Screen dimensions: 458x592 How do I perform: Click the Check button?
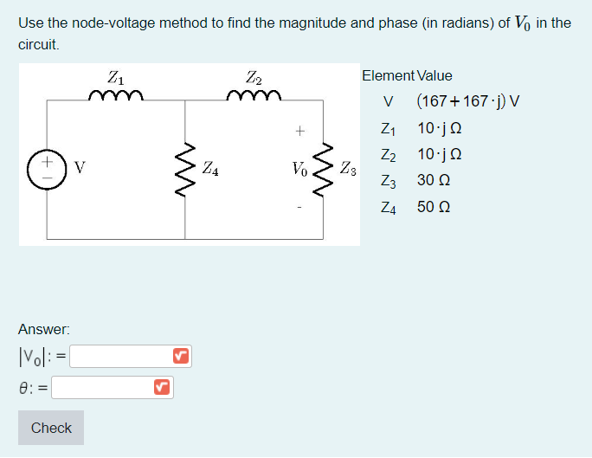point(51,428)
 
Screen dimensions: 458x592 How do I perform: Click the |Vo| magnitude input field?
point(120,356)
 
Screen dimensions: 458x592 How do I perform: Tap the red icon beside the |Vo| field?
point(180,356)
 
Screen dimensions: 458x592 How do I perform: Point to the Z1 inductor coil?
point(115,95)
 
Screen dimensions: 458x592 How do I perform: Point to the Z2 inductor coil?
point(254,95)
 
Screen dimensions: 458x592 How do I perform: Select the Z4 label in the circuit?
point(210,170)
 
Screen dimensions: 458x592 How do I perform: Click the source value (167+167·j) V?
point(467,101)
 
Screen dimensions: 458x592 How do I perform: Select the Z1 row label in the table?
point(388,128)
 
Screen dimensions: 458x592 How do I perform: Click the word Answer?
point(44,329)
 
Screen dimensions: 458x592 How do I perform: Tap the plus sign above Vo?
point(299,132)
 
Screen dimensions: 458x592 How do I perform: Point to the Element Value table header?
point(407,76)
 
